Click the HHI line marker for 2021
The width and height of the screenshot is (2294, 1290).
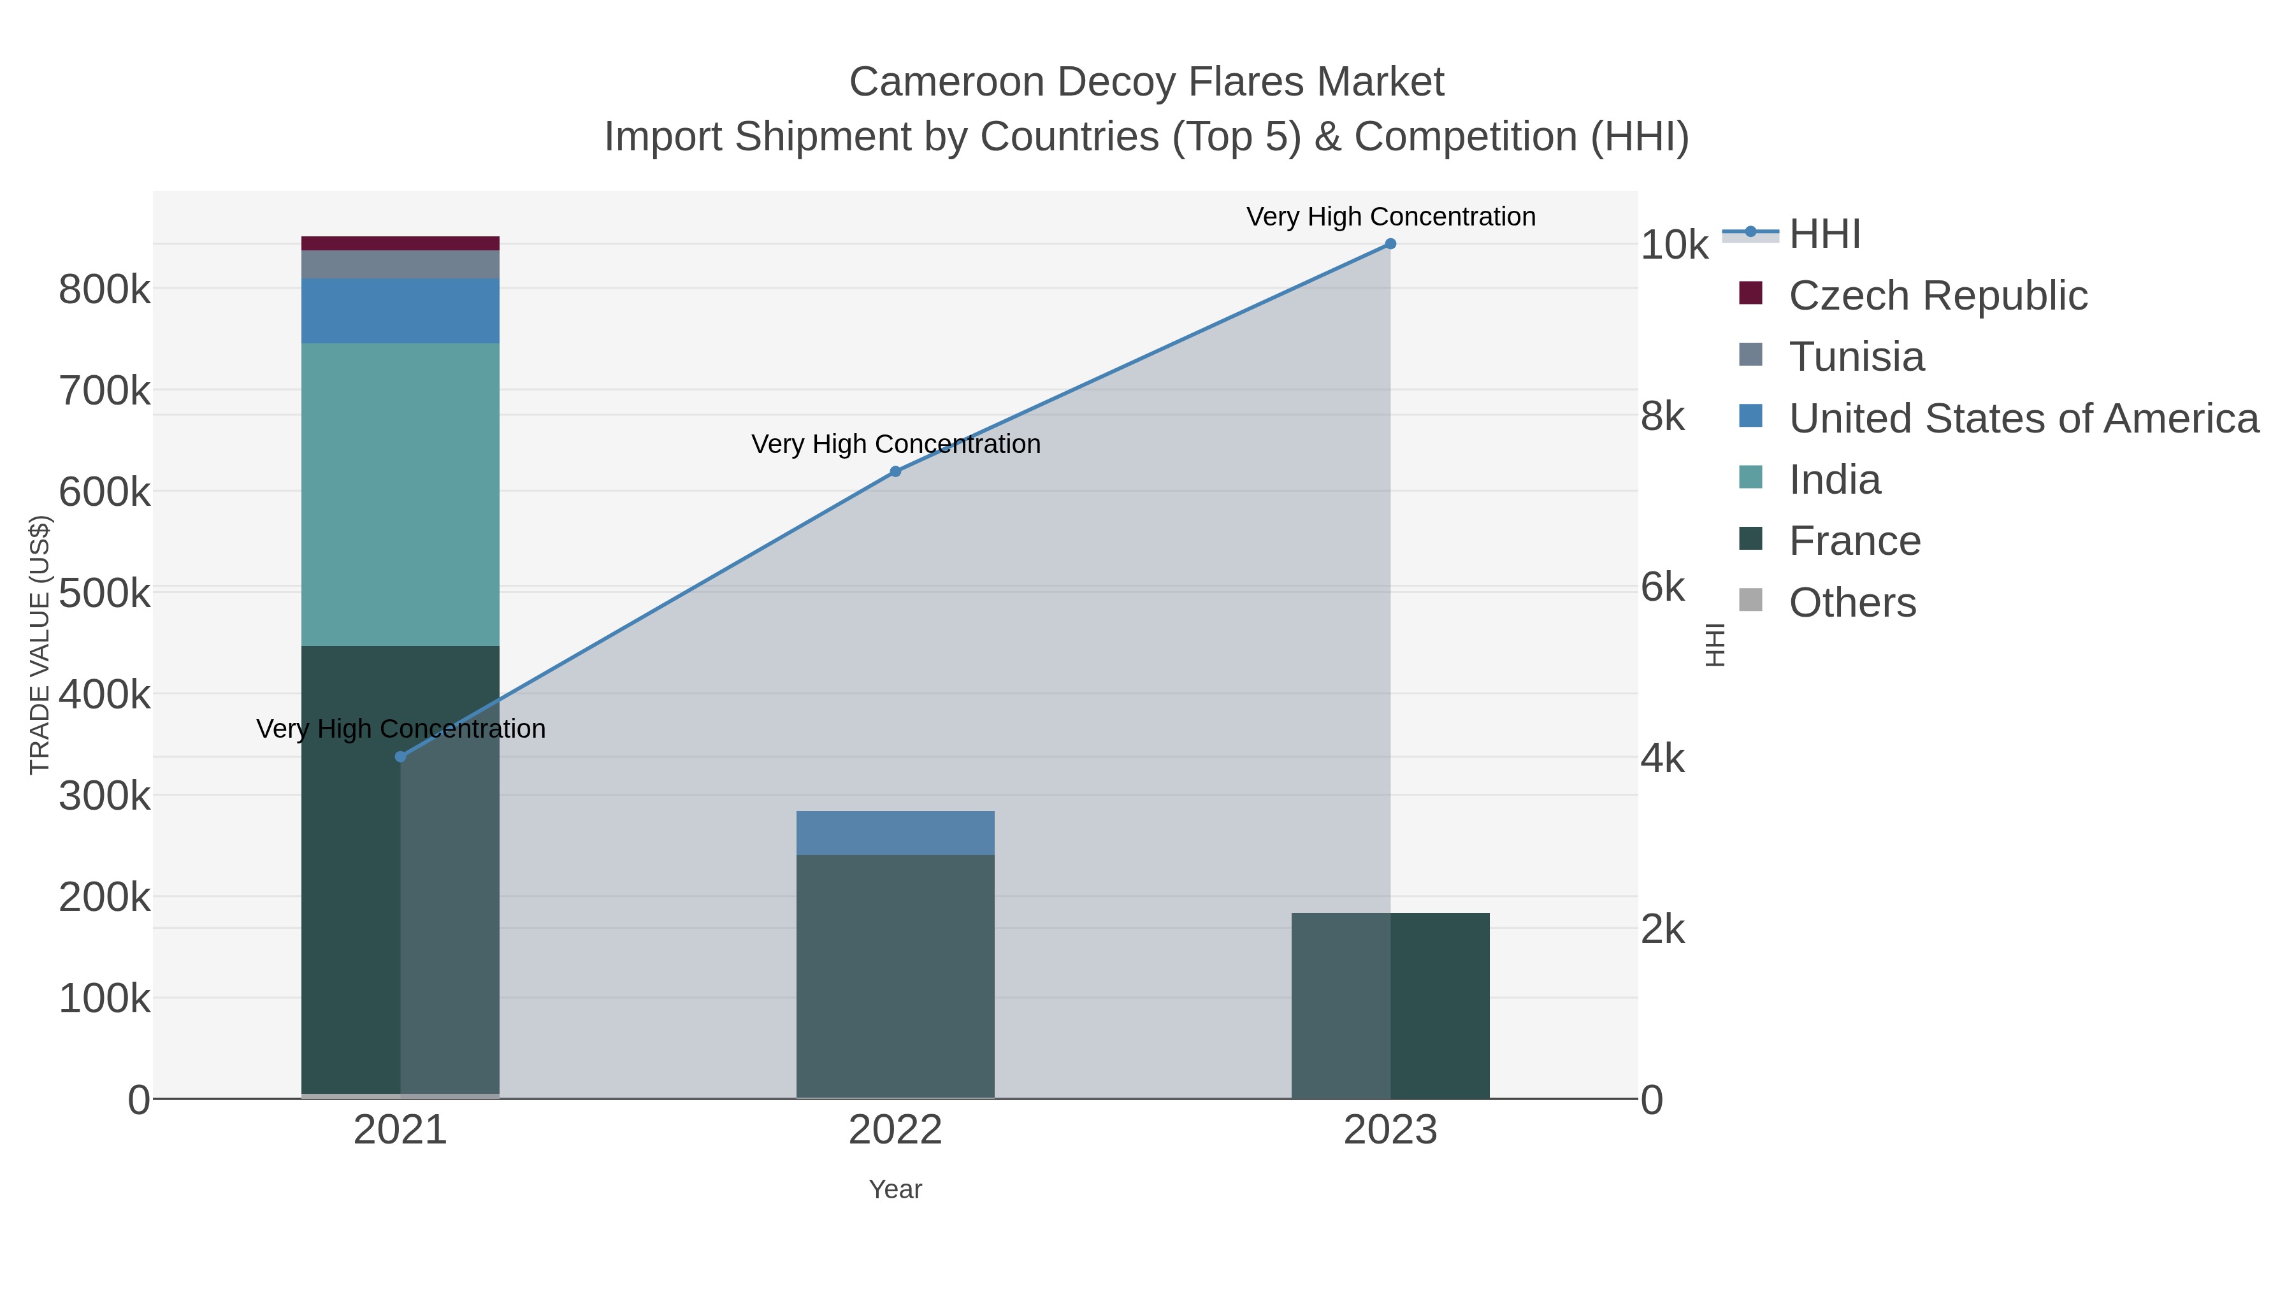(401, 757)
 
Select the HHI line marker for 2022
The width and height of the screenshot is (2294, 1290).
(896, 472)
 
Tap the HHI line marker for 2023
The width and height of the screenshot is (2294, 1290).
(1390, 244)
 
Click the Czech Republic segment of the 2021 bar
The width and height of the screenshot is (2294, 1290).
(401, 243)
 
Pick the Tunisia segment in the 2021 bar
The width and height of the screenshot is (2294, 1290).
(401, 264)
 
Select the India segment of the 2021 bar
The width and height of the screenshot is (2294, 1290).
(401, 494)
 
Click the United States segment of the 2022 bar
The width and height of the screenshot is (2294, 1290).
(896, 833)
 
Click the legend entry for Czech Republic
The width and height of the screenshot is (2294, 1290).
(1937, 296)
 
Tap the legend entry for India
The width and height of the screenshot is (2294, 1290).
(1835, 480)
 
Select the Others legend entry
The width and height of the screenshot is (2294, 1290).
(1852, 603)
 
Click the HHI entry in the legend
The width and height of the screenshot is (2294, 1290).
(1824, 234)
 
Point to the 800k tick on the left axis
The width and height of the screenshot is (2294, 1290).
(105, 289)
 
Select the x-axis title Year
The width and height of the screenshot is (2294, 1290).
(896, 1189)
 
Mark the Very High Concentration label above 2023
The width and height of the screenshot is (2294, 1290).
(1390, 217)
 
